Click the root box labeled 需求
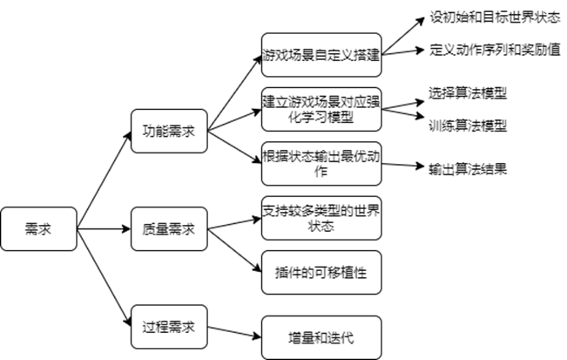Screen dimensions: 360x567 pos(37,229)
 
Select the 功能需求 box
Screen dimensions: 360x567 pos(168,132)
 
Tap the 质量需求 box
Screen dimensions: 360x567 pos(168,229)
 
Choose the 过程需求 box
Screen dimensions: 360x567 pos(168,328)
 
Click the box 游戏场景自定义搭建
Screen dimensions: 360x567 pos(321,56)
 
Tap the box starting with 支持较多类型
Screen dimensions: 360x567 pos(321,218)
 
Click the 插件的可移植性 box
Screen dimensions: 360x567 pos(321,273)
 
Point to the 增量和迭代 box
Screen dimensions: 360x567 pos(321,336)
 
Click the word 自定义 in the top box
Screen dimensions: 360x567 pos(336,56)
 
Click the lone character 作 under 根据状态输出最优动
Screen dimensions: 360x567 pos(321,172)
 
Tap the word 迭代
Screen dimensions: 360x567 pos(342,336)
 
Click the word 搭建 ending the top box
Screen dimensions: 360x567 pos(367,56)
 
